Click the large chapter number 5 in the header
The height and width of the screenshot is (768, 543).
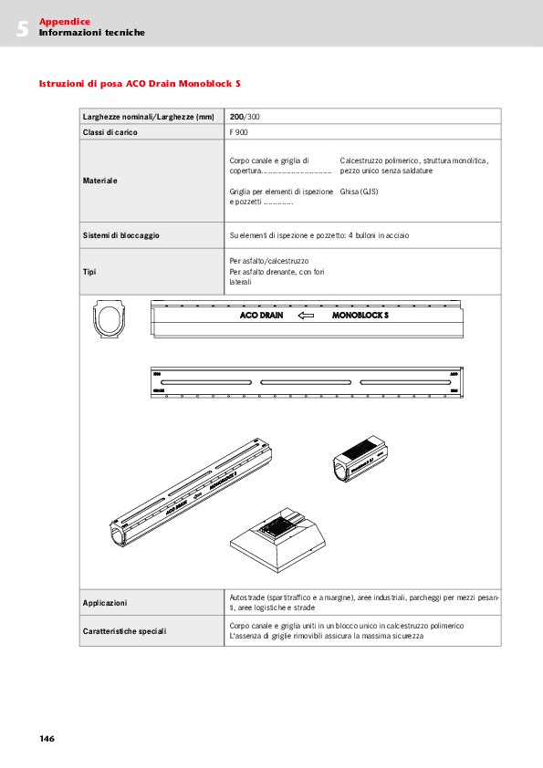point(22,28)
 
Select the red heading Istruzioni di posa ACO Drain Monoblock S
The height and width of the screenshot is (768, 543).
point(140,83)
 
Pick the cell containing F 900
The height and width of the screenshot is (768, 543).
point(239,132)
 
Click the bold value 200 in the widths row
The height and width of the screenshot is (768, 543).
point(236,117)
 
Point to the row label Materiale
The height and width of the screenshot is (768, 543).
point(100,181)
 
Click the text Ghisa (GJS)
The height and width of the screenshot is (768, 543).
point(359,192)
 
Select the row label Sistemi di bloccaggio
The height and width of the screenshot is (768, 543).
point(121,235)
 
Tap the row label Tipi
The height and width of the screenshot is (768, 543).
point(90,272)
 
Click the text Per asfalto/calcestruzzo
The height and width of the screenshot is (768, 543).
point(269,261)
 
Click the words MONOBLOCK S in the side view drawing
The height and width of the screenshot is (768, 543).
point(360,316)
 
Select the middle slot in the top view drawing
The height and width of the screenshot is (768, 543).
point(307,380)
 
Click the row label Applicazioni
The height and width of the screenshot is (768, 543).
point(105,603)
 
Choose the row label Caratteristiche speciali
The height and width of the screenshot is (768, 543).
point(124,631)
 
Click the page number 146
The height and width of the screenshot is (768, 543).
point(47,738)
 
